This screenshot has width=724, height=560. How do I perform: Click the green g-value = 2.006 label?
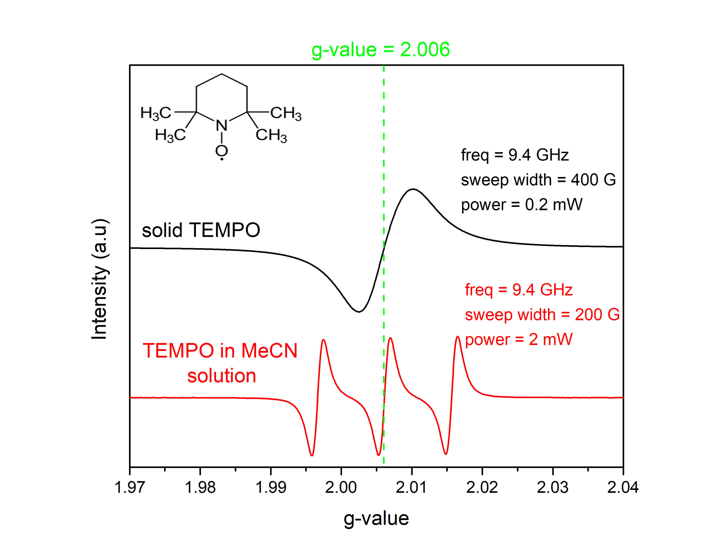(x=381, y=50)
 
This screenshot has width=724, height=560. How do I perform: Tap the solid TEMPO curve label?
(x=201, y=230)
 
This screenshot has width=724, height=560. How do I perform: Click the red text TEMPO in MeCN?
(x=220, y=351)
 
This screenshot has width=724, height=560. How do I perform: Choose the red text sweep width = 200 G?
(x=542, y=314)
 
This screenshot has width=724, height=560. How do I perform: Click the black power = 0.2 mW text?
(x=521, y=205)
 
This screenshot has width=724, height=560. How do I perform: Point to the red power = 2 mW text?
(x=519, y=339)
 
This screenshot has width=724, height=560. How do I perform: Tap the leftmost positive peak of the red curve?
(x=324, y=340)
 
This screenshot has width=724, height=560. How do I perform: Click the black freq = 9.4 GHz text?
(x=515, y=155)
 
